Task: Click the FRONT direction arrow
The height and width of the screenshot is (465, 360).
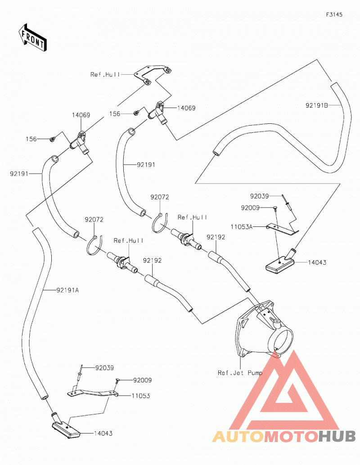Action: (x=32, y=38)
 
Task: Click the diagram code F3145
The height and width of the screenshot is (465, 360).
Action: (x=334, y=14)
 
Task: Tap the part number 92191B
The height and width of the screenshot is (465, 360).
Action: (x=317, y=105)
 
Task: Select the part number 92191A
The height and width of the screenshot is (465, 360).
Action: (x=67, y=290)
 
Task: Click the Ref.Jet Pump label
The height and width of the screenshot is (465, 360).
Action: (x=240, y=373)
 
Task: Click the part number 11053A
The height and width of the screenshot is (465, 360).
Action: (x=242, y=227)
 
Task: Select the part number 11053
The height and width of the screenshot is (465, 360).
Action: (x=141, y=396)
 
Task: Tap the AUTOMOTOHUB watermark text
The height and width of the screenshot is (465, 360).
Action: (x=284, y=436)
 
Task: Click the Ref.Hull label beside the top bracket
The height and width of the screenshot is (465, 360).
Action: (x=105, y=74)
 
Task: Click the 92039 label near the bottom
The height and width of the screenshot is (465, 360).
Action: (x=104, y=368)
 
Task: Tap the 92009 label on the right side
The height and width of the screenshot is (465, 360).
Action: (x=250, y=208)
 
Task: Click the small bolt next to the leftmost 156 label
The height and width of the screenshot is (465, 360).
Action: (x=53, y=139)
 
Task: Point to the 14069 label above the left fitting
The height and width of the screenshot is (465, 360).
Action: (x=81, y=115)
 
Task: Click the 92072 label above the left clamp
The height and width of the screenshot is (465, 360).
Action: (x=94, y=220)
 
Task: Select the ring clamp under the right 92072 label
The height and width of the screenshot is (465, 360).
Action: (x=160, y=223)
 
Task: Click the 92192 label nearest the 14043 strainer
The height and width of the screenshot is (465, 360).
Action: (x=216, y=237)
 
